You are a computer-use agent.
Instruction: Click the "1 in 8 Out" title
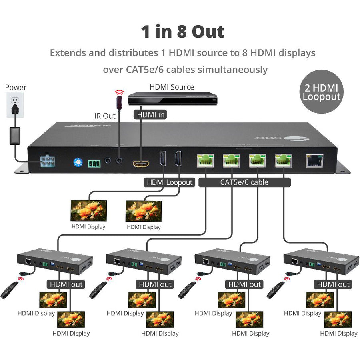182,32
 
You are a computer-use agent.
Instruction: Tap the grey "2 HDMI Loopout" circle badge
321,92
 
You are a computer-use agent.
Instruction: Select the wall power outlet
15,105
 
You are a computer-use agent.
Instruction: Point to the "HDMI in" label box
150,115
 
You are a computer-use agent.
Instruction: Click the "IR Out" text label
105,116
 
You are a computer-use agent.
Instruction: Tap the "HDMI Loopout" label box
169,182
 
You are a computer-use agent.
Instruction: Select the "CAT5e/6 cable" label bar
244,182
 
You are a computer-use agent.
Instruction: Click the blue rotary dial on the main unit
78,162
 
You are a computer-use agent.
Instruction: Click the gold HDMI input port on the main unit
141,164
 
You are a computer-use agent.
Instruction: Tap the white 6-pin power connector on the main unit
48,161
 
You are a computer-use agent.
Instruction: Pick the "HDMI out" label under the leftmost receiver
66,284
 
